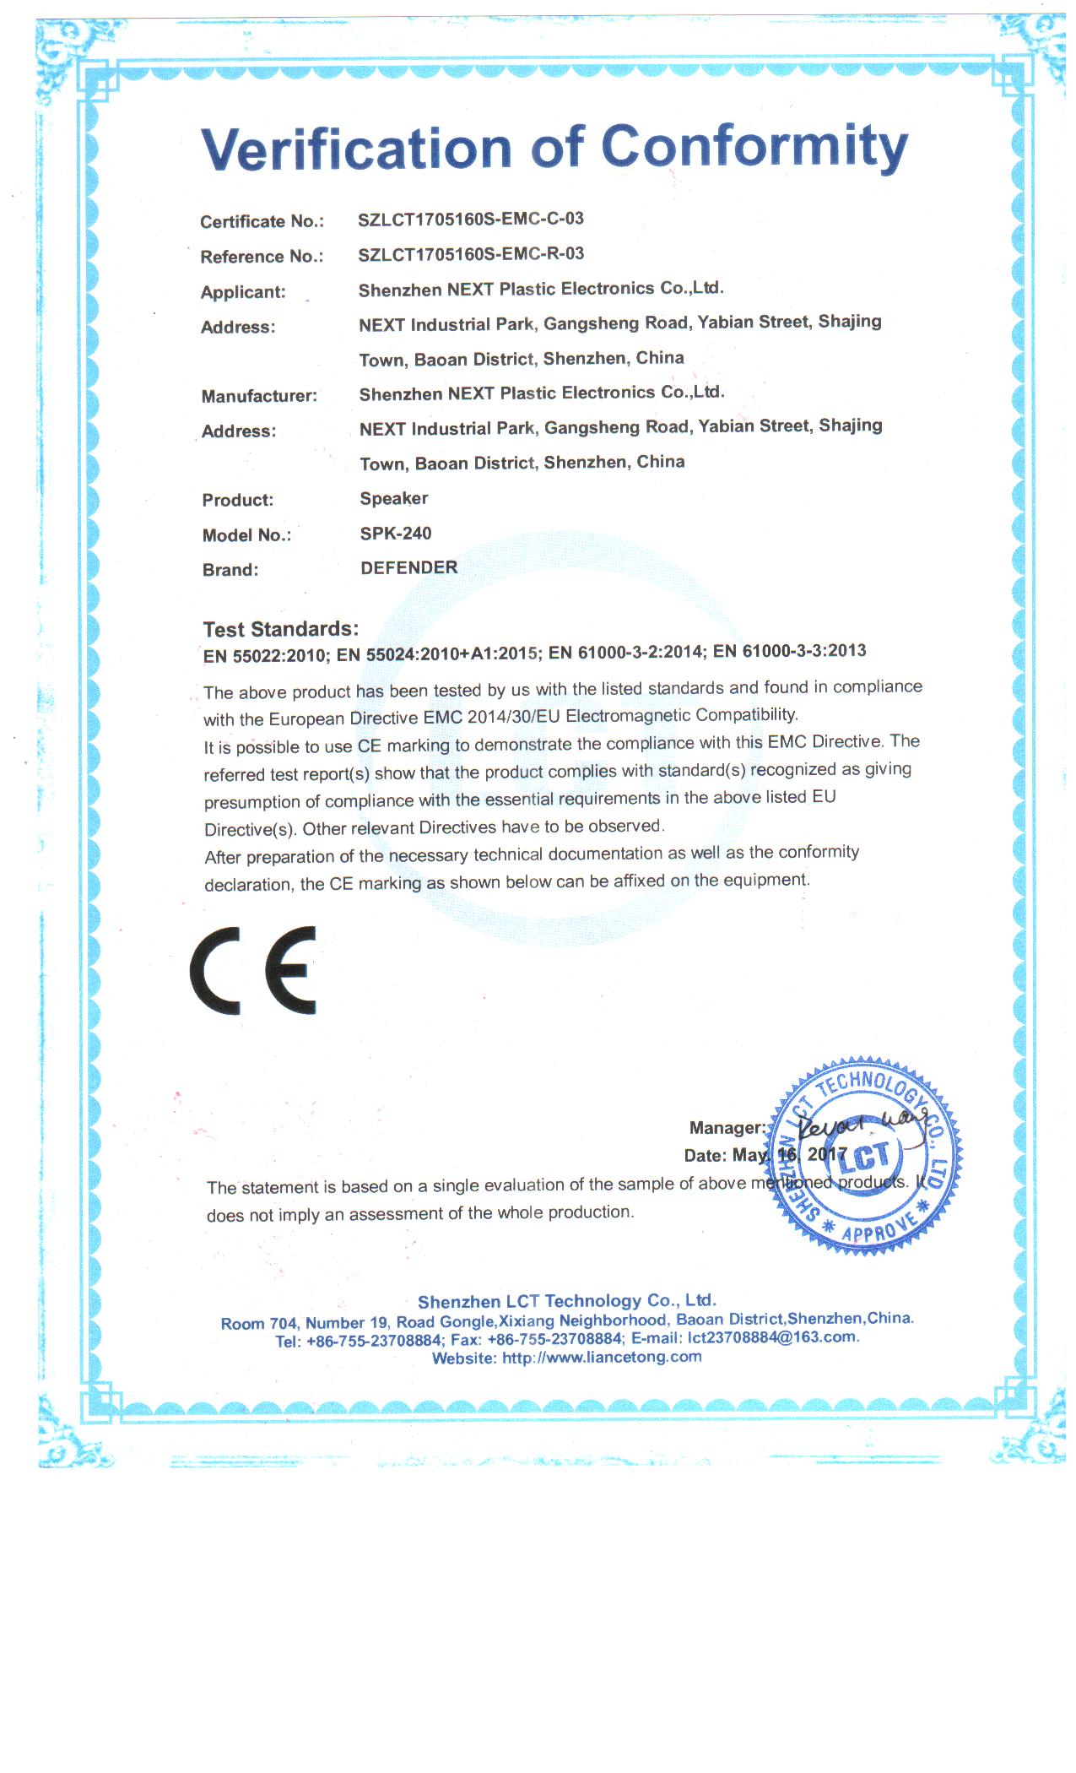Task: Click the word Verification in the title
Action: coord(357,149)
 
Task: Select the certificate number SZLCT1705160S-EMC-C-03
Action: coord(471,219)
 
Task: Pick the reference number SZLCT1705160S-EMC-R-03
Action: coord(471,254)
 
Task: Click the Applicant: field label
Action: coord(243,292)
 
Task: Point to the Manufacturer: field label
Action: coord(259,396)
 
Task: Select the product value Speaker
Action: coord(393,498)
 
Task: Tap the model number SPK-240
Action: coord(395,534)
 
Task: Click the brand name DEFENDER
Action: coord(408,568)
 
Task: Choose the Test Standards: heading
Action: coord(280,629)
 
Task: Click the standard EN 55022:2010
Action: coord(264,655)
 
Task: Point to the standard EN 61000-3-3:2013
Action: coord(789,650)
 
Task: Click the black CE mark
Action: coord(253,971)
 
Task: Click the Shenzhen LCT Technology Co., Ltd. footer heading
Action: coord(566,1301)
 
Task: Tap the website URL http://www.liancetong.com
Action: coord(602,1358)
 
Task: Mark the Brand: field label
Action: coord(230,570)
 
